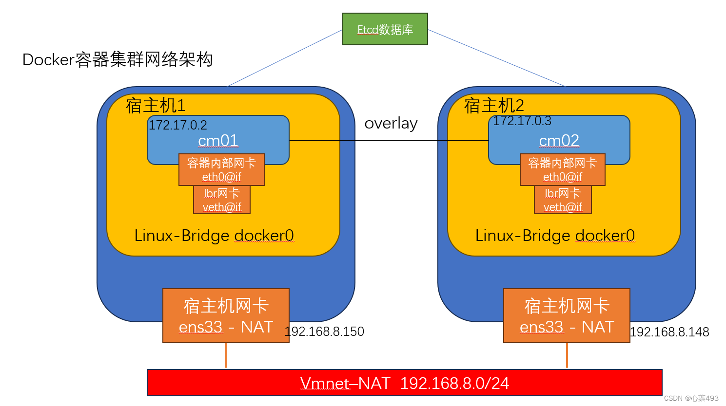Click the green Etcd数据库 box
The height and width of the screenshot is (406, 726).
pos(385,29)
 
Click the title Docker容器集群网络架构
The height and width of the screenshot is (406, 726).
pos(118,59)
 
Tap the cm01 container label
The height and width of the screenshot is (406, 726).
pos(218,141)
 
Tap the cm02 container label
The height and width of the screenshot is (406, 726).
pos(559,141)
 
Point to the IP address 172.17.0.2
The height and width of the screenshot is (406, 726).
pos(178,125)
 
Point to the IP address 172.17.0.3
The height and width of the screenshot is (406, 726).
pos(522,121)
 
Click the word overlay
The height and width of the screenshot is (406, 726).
pos(391,124)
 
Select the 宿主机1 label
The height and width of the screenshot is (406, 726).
pos(156,106)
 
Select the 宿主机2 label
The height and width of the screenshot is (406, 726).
pos(494,106)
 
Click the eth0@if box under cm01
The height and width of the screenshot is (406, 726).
pos(221,170)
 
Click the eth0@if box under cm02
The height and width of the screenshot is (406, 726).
pos(562,170)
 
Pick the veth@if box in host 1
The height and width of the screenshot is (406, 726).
pos(222,200)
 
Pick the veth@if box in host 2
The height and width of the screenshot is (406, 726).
pos(563,200)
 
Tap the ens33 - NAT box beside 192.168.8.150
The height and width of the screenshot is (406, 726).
pos(226,316)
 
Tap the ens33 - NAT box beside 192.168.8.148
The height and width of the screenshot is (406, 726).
pos(567,316)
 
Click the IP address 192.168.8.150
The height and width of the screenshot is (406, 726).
pos(325,332)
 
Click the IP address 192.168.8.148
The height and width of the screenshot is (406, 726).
pos(669,332)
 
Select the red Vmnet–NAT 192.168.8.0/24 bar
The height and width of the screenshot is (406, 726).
pos(404,383)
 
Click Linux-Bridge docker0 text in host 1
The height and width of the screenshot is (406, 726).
pos(214,236)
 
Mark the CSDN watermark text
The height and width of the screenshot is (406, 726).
pos(691,398)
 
